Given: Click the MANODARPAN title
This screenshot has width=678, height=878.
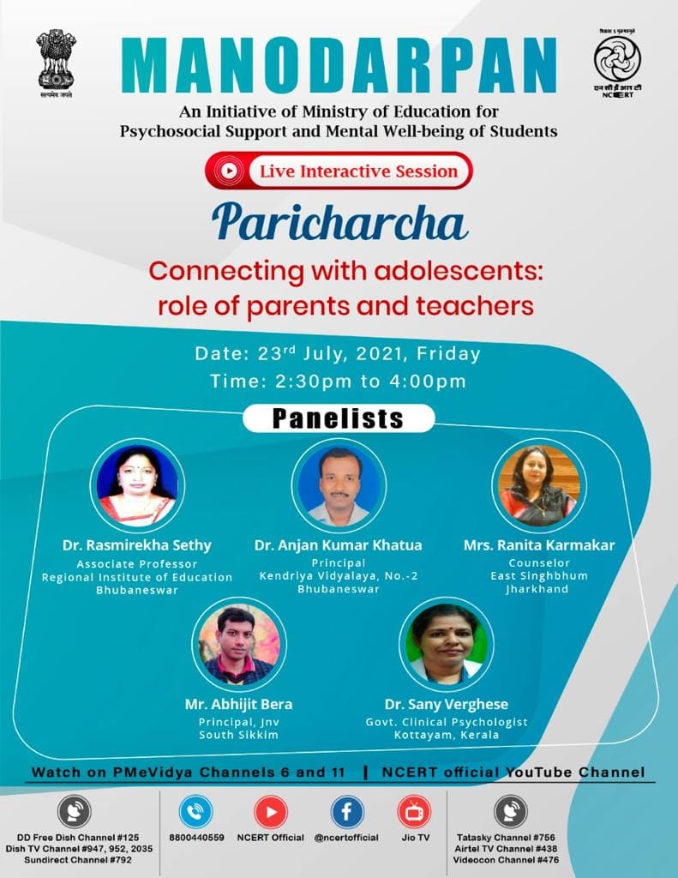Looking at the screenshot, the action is tap(339, 65).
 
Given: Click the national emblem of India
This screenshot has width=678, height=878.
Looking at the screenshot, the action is tap(56, 63).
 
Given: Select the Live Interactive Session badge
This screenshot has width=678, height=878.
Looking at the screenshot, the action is tap(339, 171).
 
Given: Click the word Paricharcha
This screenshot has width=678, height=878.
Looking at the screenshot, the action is tap(339, 222).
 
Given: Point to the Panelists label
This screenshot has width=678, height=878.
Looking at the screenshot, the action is tap(339, 418).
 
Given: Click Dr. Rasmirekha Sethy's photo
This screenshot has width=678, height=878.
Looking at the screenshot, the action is tap(137, 485).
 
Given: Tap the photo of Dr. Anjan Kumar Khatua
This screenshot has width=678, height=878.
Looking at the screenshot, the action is tap(339, 485).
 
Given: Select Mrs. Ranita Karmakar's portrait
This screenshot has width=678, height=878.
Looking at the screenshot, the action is tap(539, 485).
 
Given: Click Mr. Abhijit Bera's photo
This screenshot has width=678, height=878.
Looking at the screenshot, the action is tap(239, 644).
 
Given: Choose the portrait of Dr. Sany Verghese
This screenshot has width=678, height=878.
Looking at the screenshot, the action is tap(447, 644).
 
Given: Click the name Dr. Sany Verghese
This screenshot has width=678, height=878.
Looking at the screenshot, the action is tap(447, 705).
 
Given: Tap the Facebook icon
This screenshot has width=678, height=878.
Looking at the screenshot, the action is tap(346, 812).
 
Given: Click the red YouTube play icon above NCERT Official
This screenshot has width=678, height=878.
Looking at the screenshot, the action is tap(271, 812).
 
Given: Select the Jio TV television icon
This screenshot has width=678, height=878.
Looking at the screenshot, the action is tap(415, 812).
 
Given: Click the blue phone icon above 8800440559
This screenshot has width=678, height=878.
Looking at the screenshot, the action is tap(196, 812).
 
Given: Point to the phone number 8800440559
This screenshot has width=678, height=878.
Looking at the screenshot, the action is tap(196, 838).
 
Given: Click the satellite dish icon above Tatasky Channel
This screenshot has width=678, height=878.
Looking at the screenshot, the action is tap(511, 812).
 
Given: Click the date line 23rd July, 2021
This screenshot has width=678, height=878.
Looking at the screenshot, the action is tap(338, 354).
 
